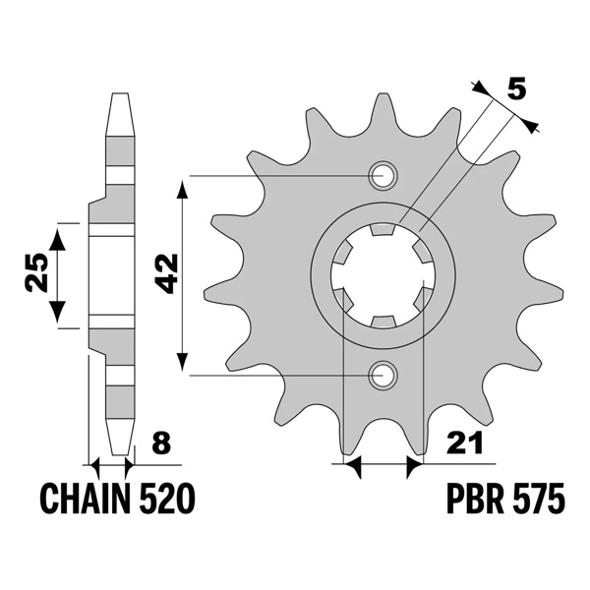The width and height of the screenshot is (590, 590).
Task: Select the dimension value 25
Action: pos(36,275)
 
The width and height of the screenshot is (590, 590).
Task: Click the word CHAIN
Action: pos(86,501)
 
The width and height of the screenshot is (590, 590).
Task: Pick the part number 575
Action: pos(536,501)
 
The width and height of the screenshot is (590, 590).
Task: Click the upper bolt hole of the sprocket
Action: pos(383,176)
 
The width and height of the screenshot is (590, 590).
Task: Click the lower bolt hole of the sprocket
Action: pos(383,375)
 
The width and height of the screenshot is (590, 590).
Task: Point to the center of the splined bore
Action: pos(383,275)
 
